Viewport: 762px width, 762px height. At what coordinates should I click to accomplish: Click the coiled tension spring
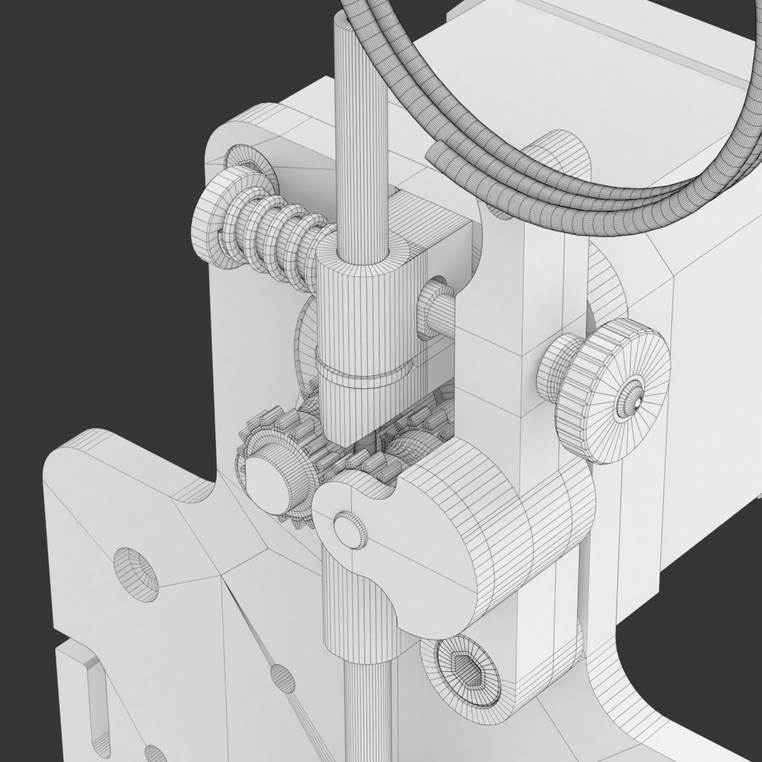(x=273, y=235)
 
